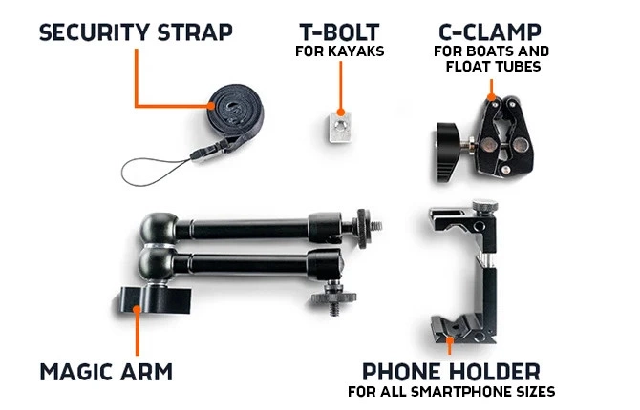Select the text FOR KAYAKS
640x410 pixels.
[x=339, y=51]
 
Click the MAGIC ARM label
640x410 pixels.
[x=106, y=370]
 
